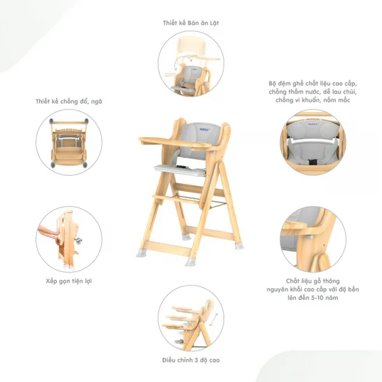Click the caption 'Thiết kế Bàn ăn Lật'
point(191,23)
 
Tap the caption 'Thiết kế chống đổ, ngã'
point(69,102)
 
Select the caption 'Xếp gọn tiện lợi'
point(69,281)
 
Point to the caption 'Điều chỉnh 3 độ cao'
point(191,360)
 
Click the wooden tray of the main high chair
point(175,143)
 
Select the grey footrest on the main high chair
point(180,169)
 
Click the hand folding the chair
point(49,233)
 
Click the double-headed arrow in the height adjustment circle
point(213,319)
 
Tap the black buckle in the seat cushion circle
point(313,162)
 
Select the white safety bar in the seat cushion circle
point(313,141)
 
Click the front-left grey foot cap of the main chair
point(141,253)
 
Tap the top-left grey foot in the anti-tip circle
point(52,122)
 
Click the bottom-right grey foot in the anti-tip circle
point(85,165)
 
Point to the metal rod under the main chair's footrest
point(201,200)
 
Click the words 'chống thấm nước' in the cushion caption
point(295,92)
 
